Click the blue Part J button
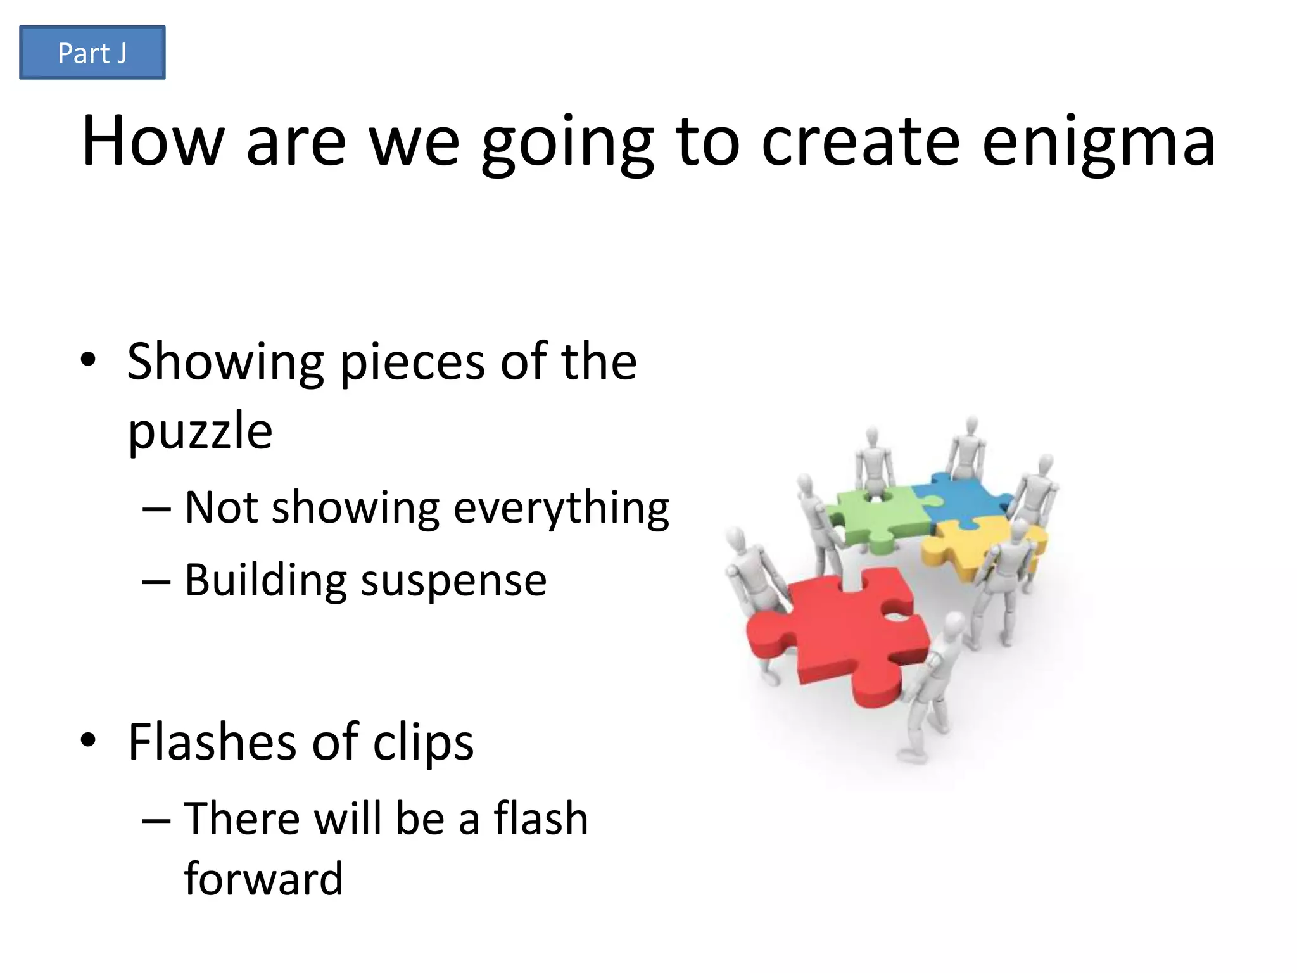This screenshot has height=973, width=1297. point(92,53)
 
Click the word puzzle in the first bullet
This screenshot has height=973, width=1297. point(200,431)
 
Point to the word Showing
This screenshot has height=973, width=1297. point(225,362)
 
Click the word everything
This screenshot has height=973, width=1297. point(561,509)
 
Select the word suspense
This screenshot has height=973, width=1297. point(453,580)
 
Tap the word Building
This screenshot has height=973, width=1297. point(265,580)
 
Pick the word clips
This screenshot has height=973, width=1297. point(422,742)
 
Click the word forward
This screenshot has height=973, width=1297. point(263,879)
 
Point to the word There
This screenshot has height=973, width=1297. point(241,818)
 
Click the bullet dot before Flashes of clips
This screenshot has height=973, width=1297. point(88,740)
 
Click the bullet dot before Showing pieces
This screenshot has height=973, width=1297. point(88,360)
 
